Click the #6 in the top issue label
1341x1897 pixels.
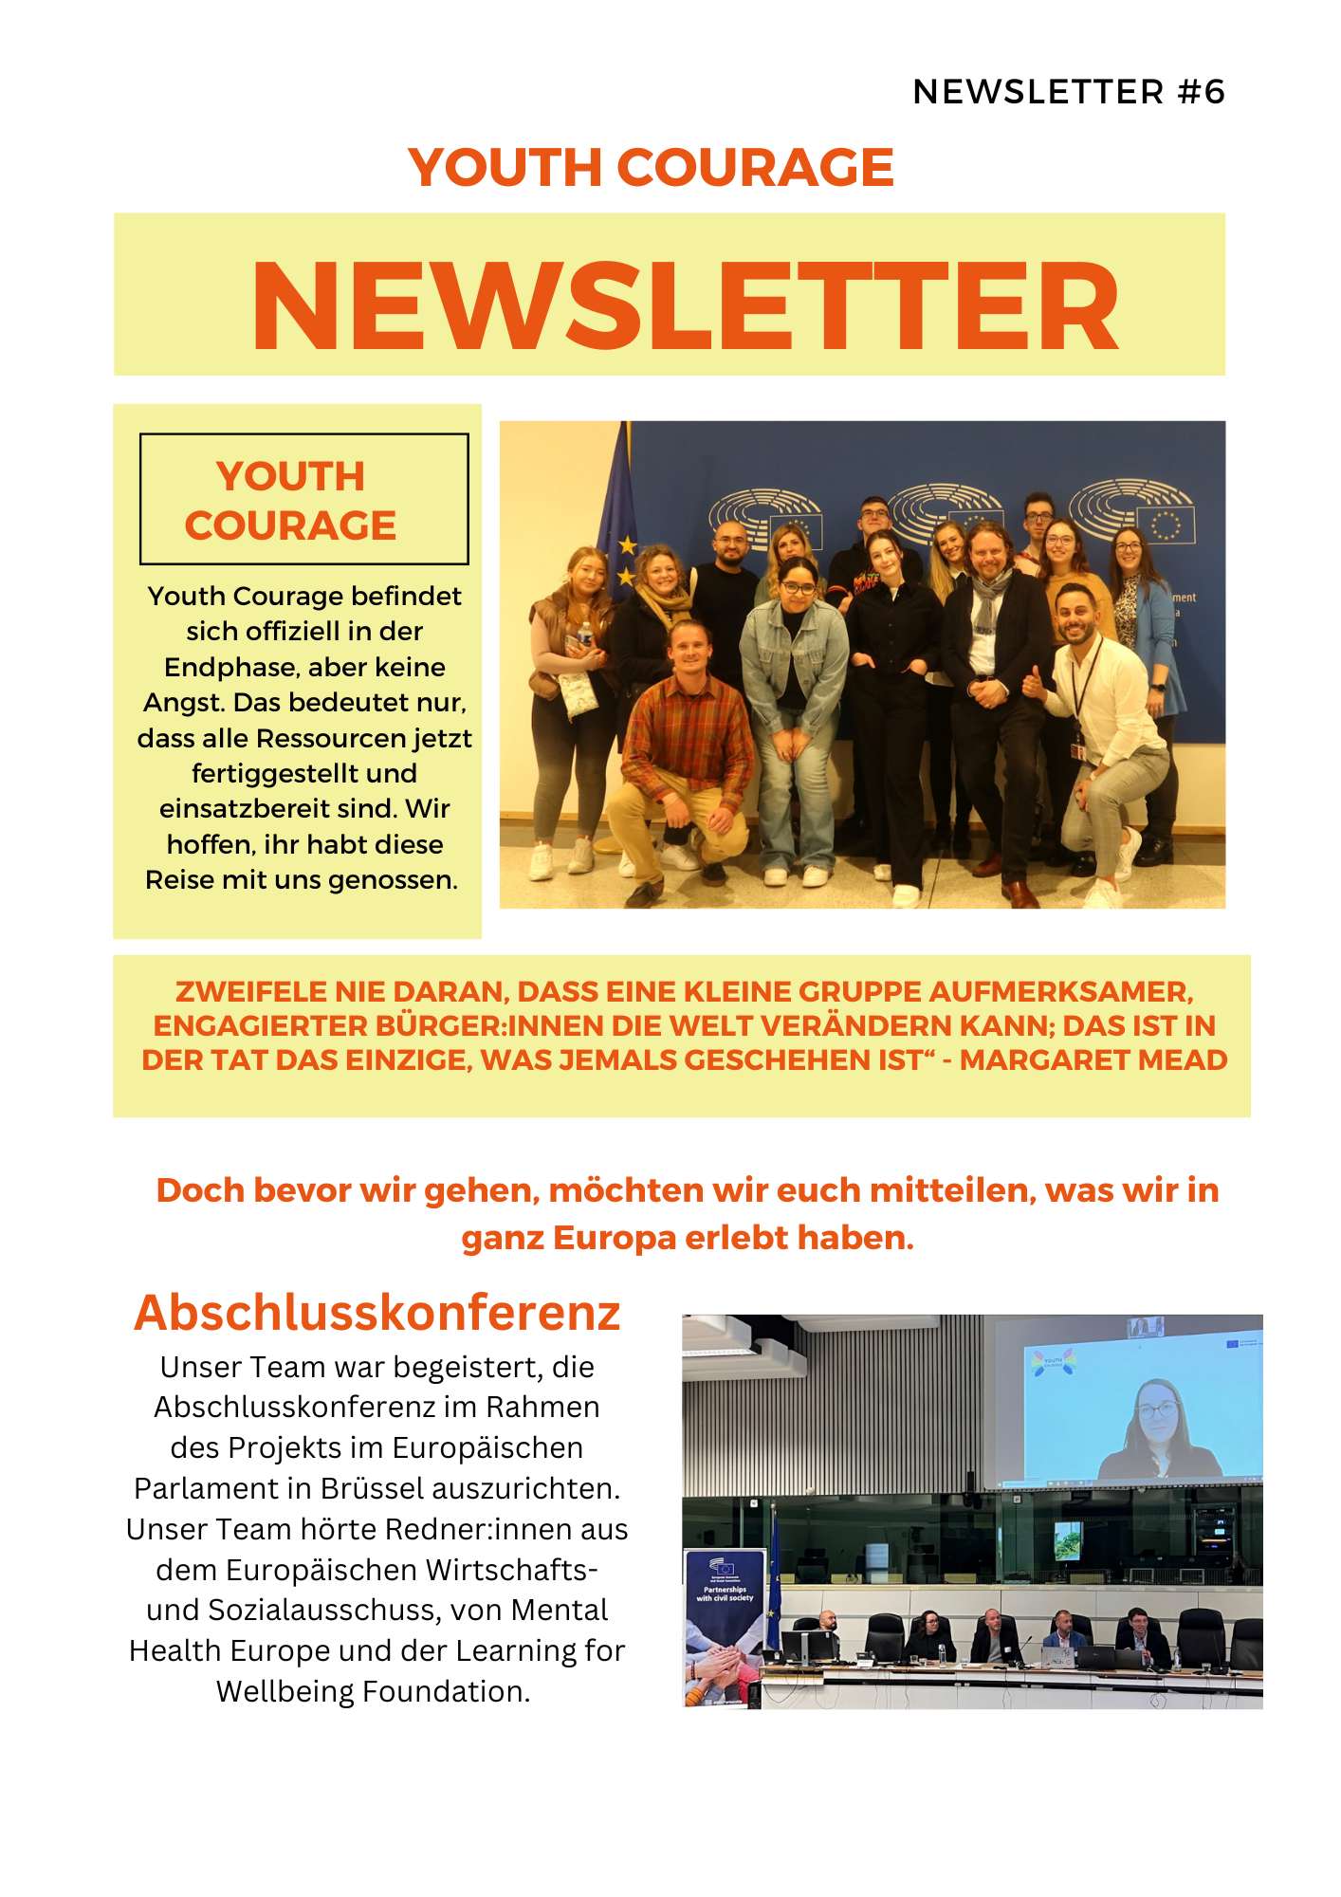point(1202,92)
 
